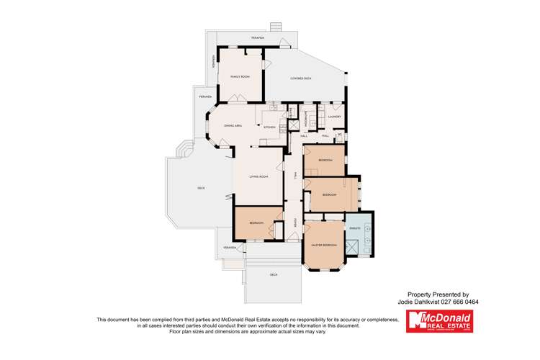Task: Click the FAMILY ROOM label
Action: pos(239,76)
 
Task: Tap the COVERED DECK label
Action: pos(301,78)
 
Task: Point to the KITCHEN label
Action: pos(269,127)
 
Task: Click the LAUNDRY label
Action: pos(334,116)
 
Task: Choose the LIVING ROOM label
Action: pos(258,176)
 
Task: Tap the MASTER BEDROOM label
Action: pos(324,246)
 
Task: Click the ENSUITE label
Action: pos(354,226)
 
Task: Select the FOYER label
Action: pos(295,223)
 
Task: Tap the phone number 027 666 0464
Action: pos(462,302)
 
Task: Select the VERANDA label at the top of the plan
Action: pos(258,37)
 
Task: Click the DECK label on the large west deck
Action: pos(201,189)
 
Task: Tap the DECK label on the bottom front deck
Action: pos(274,274)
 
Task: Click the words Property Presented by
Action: pos(438,294)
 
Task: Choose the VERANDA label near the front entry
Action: pos(230,247)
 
